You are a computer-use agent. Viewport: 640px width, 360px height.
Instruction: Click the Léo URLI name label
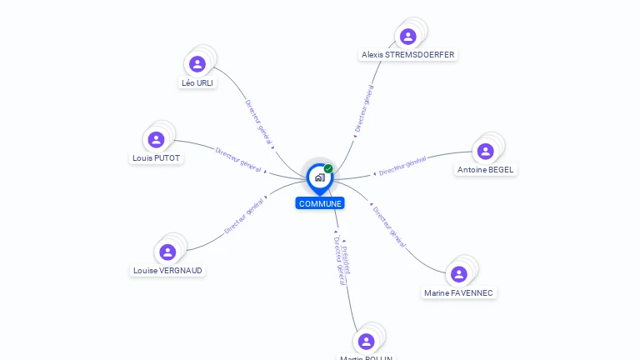coord(197,83)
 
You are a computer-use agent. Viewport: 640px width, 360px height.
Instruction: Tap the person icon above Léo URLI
coord(197,64)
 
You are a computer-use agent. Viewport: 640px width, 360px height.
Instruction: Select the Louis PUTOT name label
coord(156,158)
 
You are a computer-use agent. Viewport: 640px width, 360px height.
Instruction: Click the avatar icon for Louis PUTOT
coord(156,140)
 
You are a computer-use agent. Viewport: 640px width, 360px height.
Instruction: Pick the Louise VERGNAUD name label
coord(167,270)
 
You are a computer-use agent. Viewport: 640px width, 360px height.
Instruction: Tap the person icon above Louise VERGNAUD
coord(167,252)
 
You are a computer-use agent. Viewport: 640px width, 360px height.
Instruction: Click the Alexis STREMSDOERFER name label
coord(408,55)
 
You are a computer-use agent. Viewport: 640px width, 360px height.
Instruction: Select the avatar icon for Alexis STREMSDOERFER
coord(407,37)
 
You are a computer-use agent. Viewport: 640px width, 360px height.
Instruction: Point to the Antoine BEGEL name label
coord(486,170)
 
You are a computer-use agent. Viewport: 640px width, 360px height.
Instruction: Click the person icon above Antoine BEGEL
coord(486,152)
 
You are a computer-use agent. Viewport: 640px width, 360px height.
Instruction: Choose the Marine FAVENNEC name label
coord(458,293)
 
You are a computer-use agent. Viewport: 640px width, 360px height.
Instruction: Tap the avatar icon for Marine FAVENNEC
coord(458,274)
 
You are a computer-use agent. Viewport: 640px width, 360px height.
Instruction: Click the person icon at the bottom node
coord(366,342)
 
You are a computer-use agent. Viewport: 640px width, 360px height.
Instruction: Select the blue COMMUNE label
coord(320,203)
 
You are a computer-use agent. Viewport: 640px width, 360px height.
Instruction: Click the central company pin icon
coord(319,177)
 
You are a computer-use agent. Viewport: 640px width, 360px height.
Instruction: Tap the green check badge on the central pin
coord(328,169)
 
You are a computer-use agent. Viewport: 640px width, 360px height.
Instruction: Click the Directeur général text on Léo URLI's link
coord(258,123)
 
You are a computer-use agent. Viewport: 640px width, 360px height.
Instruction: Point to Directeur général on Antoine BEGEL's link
coord(402,167)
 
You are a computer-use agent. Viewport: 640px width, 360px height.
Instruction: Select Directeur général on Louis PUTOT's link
coord(238,159)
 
